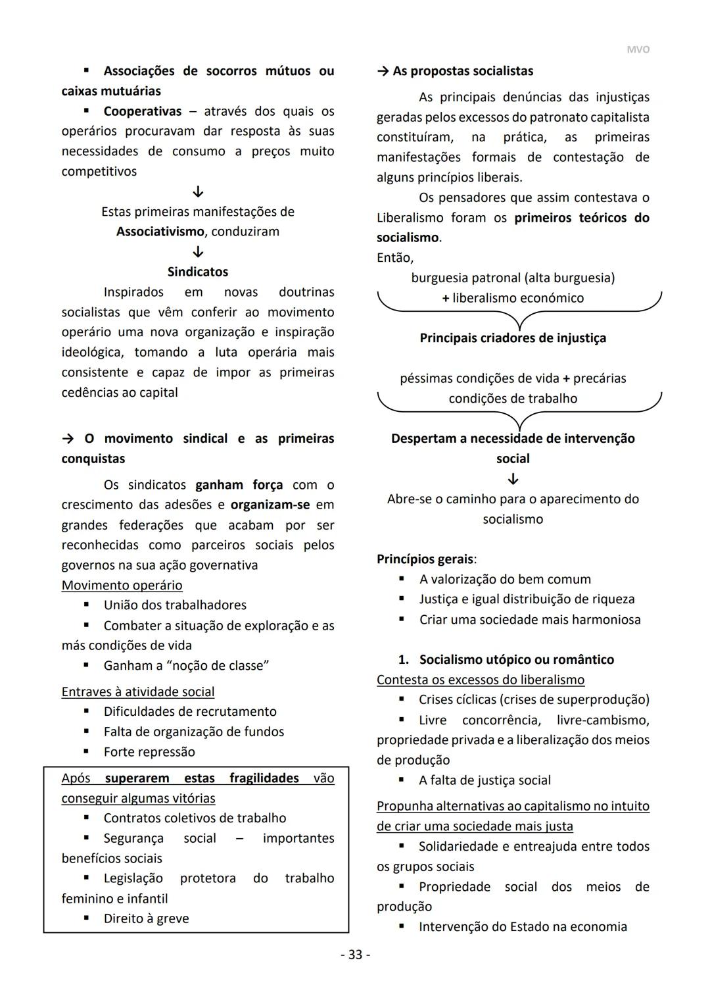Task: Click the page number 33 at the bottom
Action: (355, 955)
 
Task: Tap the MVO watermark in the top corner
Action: (637, 50)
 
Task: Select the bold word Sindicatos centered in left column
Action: (197, 272)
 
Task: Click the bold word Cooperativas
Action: (142, 111)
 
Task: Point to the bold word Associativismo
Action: (160, 232)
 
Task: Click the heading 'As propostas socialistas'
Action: (462, 71)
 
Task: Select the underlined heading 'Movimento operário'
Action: (122, 585)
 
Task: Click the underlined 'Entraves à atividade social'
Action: (137, 691)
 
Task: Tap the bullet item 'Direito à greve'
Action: (146, 918)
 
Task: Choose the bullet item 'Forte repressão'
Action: (149, 751)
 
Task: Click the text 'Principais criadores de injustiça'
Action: (513, 338)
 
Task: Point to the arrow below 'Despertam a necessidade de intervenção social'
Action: (513, 479)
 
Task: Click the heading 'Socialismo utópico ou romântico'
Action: (516, 659)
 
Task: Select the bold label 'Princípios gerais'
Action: (425, 559)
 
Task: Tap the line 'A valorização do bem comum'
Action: (505, 579)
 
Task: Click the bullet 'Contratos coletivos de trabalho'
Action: (195, 818)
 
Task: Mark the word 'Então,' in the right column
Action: (394, 258)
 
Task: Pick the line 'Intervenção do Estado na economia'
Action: (523, 926)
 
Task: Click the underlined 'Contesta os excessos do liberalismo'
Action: (480, 680)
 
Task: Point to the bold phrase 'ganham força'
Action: (239, 485)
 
